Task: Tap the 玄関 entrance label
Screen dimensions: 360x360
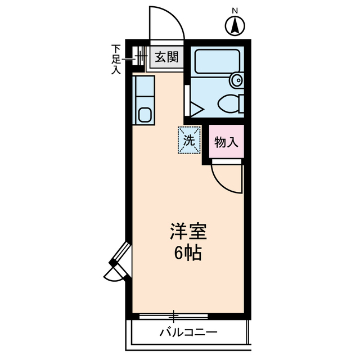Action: click(166, 57)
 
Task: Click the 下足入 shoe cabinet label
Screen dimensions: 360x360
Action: click(116, 60)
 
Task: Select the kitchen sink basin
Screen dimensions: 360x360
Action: click(144, 115)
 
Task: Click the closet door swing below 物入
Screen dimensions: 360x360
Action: click(228, 179)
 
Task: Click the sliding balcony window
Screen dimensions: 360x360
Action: click(174, 316)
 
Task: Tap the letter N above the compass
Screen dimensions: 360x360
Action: click(235, 10)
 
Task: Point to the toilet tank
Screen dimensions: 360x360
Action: click(241, 103)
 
